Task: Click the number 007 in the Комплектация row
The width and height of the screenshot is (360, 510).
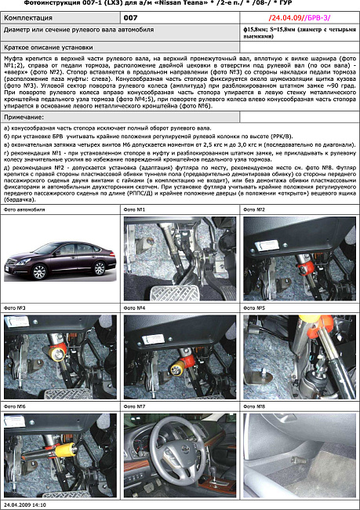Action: [131, 16]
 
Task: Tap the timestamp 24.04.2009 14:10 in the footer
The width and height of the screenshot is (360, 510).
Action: [28, 505]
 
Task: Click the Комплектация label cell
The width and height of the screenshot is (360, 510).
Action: [31, 16]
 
